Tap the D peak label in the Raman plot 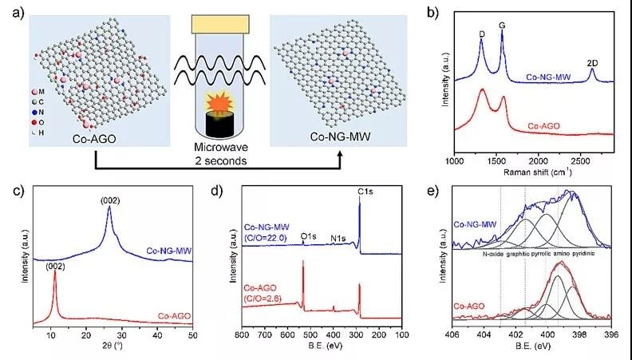[482, 34]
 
